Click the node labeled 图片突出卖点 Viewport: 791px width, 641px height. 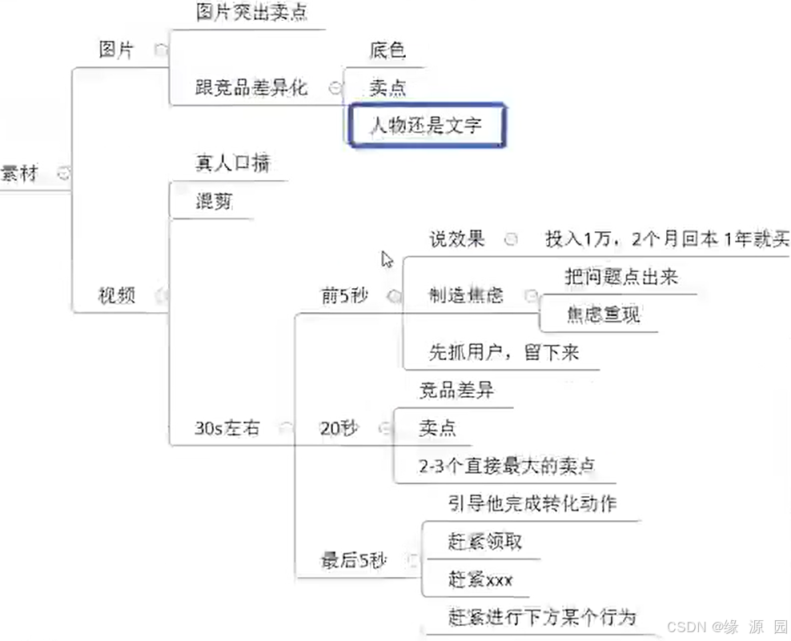pos(251,13)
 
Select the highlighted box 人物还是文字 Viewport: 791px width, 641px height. pos(425,126)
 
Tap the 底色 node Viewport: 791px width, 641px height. pos(387,51)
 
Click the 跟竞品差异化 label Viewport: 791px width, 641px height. pos(251,88)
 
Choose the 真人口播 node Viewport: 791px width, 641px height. pos(232,163)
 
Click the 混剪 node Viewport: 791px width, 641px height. pos(214,201)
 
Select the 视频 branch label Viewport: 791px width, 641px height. pos(117,294)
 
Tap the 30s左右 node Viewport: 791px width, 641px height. pos(227,427)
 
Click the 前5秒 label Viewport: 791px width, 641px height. pos(344,295)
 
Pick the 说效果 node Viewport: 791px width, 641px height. pos(457,239)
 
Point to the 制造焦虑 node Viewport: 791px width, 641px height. pos(466,295)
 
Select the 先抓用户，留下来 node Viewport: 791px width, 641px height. pos(504,352)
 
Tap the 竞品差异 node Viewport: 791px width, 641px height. pos(456,391)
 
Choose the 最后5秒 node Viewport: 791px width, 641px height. pos(354,560)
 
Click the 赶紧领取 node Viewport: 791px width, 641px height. pos(485,542)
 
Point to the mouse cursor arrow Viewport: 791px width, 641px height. pos(387,259)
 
